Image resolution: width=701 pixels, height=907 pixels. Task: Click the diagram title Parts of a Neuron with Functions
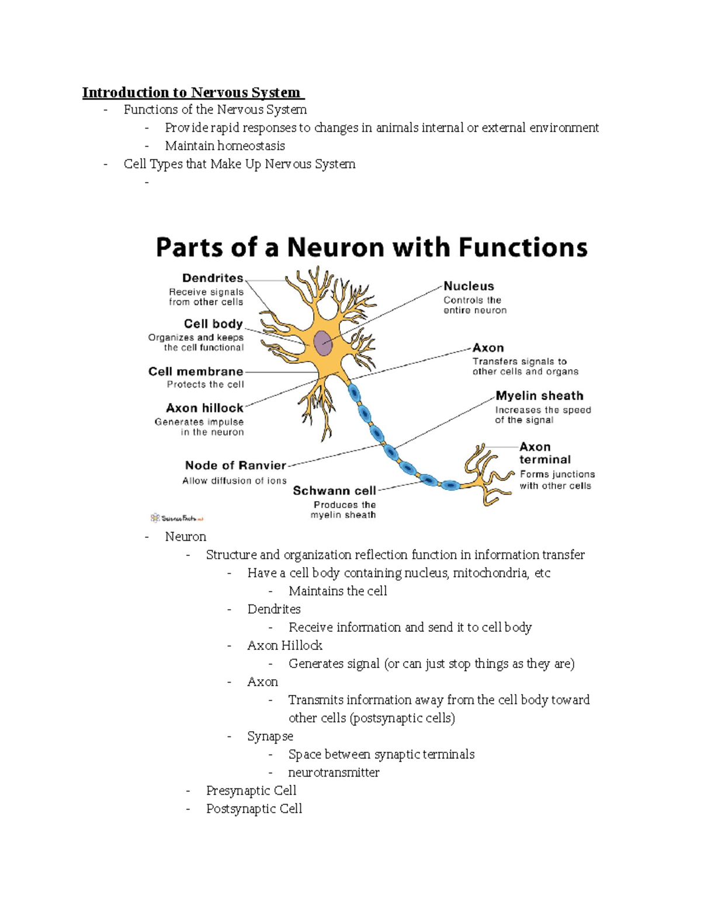click(x=372, y=248)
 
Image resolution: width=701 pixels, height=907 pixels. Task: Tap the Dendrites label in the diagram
click(x=213, y=278)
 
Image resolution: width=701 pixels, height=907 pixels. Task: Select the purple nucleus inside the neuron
click(x=323, y=343)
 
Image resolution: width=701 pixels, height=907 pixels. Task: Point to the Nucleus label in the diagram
click(x=469, y=286)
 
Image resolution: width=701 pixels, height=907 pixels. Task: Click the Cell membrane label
click(x=196, y=371)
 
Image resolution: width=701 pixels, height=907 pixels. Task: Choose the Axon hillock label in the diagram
click(x=204, y=408)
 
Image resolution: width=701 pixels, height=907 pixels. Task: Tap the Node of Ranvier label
click(x=235, y=465)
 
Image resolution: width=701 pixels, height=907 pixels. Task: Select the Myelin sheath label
click(x=539, y=396)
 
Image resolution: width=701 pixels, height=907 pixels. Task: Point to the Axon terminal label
click(x=544, y=453)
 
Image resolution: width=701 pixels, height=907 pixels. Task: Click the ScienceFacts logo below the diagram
click(x=177, y=518)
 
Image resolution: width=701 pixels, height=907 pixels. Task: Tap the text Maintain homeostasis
click(x=225, y=146)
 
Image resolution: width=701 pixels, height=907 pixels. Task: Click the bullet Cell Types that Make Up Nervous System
click(x=240, y=164)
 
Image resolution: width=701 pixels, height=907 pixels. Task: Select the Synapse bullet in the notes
click(x=270, y=736)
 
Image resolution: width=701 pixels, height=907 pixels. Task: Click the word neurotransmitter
click(x=334, y=772)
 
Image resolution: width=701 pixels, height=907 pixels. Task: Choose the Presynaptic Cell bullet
click(x=251, y=790)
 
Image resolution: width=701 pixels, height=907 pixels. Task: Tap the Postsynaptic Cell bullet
click(x=254, y=808)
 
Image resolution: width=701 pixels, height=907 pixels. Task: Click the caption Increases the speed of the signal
click(x=543, y=415)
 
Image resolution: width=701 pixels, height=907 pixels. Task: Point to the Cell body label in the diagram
click(x=213, y=324)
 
